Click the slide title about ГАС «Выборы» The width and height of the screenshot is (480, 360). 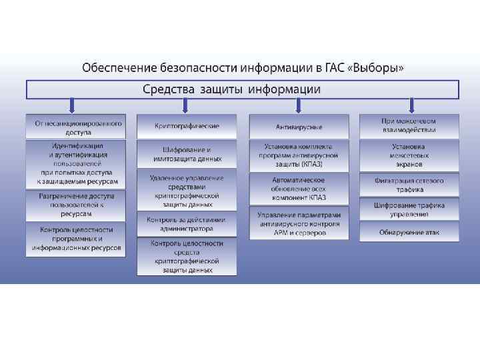243,68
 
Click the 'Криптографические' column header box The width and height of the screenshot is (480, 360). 187,126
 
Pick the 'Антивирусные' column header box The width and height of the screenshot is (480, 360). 299,127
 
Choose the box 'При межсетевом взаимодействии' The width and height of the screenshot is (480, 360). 409,126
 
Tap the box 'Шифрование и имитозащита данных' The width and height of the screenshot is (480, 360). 187,155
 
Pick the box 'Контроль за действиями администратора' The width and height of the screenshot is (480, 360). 187,224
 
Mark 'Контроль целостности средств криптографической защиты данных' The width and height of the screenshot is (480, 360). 187,257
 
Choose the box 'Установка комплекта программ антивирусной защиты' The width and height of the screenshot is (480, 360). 299,155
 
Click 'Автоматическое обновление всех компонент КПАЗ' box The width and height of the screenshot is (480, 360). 299,189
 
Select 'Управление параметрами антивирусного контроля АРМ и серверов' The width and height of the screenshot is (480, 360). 299,223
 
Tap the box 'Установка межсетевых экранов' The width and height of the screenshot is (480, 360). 409,155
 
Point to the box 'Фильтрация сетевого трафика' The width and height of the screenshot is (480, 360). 409,185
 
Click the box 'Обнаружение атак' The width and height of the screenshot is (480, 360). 409,231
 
